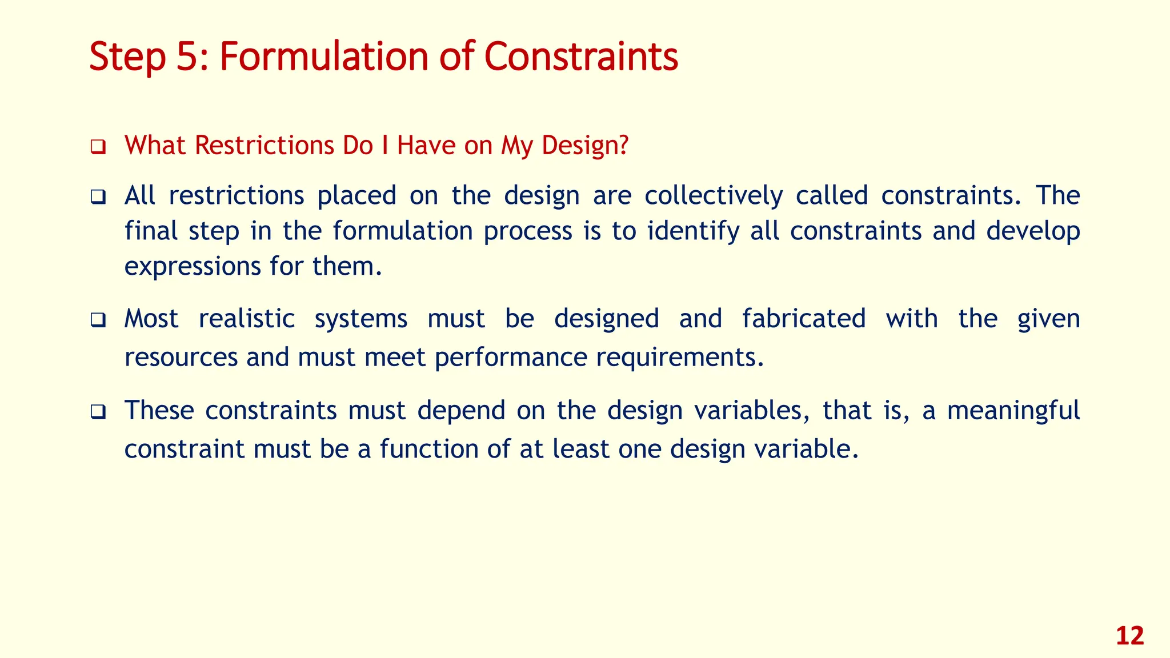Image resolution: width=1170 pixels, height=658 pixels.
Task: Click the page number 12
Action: pyautogui.click(x=1129, y=636)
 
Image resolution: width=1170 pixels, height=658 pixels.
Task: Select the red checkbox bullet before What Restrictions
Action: pyautogui.click(x=98, y=148)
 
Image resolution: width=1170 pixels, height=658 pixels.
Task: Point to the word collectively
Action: pyautogui.click(x=714, y=196)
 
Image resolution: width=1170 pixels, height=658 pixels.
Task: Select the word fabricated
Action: pyautogui.click(x=804, y=319)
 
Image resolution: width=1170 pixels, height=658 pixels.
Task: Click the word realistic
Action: pyautogui.click(x=246, y=319)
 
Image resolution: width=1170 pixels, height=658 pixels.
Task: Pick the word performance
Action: pyautogui.click(x=511, y=358)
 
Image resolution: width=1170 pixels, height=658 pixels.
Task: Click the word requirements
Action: pyautogui.click(x=679, y=358)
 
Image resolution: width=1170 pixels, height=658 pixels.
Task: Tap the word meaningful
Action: pyautogui.click(x=1013, y=411)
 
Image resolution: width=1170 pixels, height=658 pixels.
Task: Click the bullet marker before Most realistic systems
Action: pyautogui.click(x=98, y=321)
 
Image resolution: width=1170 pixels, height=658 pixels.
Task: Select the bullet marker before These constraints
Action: pyautogui.click(x=98, y=412)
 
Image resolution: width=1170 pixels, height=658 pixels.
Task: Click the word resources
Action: pyautogui.click(x=181, y=358)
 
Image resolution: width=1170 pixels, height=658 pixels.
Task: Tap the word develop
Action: pyautogui.click(x=1033, y=231)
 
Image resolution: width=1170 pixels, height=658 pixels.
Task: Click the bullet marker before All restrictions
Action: pyautogui.click(x=98, y=198)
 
